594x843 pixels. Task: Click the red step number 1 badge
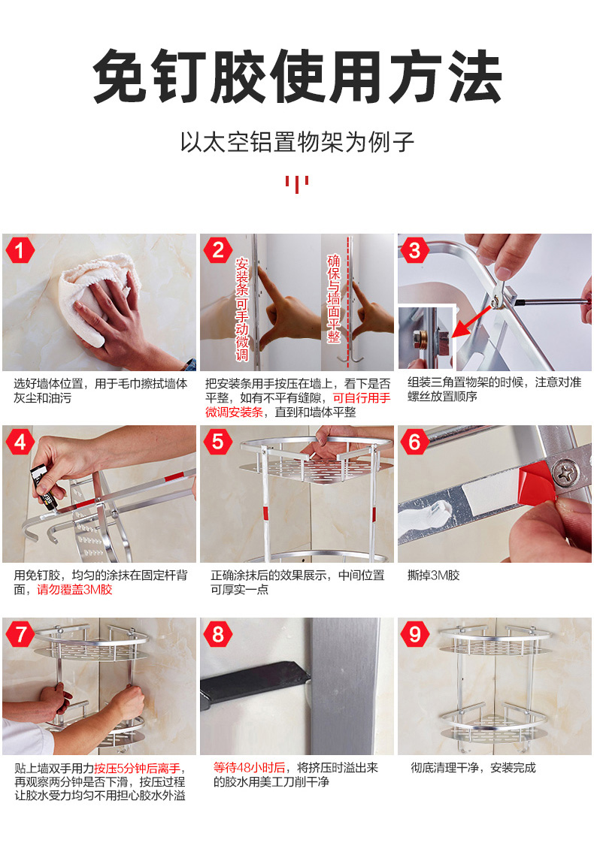(20, 250)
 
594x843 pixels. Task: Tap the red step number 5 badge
(217, 442)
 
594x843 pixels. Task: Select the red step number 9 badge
(415, 634)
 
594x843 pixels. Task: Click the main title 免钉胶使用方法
(298, 76)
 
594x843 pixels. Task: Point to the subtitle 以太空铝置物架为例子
(297, 142)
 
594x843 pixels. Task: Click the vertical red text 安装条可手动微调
(242, 309)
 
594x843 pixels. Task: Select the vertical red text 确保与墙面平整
(334, 298)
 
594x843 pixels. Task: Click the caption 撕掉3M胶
(434, 576)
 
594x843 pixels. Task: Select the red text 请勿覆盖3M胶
(74, 590)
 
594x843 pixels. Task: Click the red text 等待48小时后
(249, 768)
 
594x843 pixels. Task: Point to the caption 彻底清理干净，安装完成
(474, 768)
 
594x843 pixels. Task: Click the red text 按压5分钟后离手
(137, 769)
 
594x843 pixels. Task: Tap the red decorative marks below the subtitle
(297, 184)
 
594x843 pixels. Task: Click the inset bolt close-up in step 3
(427, 337)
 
